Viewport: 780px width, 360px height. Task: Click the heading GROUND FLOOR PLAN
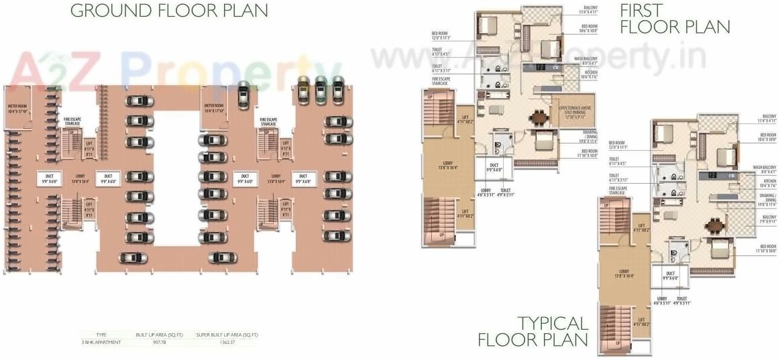click(168, 11)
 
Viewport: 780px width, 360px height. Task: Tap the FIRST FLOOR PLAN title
click(674, 19)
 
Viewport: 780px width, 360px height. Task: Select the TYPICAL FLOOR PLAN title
click(533, 331)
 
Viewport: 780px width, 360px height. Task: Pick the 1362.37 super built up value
click(227, 343)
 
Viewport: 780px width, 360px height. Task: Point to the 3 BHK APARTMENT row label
click(101, 343)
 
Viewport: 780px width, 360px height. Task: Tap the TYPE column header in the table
click(101, 334)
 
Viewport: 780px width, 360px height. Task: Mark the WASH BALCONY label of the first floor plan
click(591, 61)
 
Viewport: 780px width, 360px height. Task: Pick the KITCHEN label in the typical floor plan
click(767, 183)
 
